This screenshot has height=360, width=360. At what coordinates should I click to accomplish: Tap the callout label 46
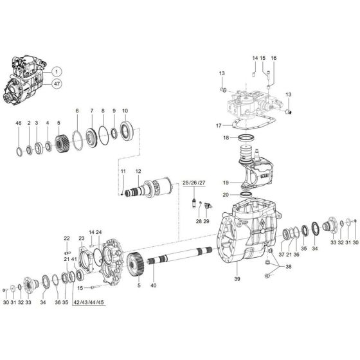click(x=19, y=122)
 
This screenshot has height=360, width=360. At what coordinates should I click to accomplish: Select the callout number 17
click(x=219, y=125)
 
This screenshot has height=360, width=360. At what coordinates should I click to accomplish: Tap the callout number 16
click(x=273, y=59)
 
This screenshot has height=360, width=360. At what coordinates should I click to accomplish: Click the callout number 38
click(x=289, y=266)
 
